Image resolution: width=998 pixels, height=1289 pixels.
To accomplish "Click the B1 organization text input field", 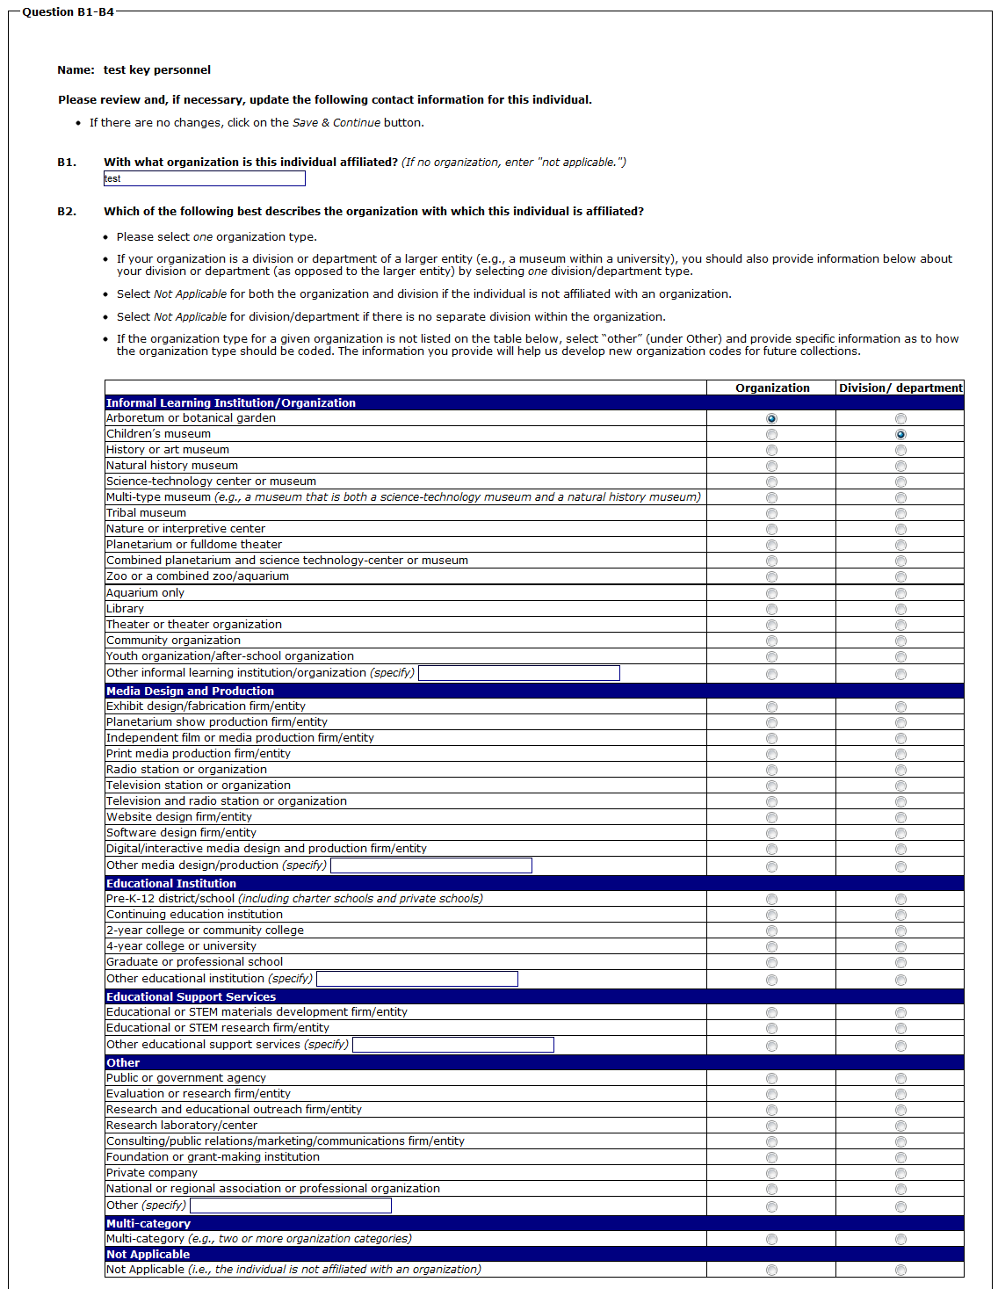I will [x=204, y=178].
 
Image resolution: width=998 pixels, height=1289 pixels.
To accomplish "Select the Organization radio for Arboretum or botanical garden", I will [x=771, y=419].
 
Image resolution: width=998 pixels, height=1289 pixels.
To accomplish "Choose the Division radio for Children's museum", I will [x=900, y=435].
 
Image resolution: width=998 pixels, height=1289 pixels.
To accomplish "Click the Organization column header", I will [x=772, y=387].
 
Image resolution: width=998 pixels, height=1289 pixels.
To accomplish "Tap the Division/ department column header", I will [x=900, y=387].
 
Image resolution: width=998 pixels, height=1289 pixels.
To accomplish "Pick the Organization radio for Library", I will [x=771, y=610].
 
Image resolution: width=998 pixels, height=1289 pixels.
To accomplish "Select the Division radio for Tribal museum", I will [x=900, y=514].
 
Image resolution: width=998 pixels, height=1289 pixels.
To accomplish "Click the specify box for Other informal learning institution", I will [x=519, y=673].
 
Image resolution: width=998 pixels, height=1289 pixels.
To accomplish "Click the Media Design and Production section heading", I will [x=190, y=692].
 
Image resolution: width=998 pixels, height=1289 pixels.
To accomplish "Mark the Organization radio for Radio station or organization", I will [x=771, y=771].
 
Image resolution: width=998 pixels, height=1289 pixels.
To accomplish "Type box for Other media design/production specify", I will [x=431, y=865].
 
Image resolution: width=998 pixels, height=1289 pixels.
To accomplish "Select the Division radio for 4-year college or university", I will [x=900, y=947].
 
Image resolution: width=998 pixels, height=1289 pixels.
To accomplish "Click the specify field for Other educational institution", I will [x=417, y=979].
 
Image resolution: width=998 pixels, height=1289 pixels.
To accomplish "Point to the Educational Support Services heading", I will [x=191, y=997].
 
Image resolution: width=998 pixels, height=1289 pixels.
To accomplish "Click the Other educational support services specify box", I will [x=453, y=1045].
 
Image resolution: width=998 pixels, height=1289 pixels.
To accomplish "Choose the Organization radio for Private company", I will [x=771, y=1174].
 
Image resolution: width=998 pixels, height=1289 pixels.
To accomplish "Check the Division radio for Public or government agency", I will [x=900, y=1079].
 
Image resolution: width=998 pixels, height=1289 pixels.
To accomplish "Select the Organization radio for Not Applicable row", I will [x=771, y=1271].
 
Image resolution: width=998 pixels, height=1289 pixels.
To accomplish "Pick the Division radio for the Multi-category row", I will [x=900, y=1240].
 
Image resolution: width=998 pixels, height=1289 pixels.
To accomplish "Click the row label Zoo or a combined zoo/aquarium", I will [x=198, y=576].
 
